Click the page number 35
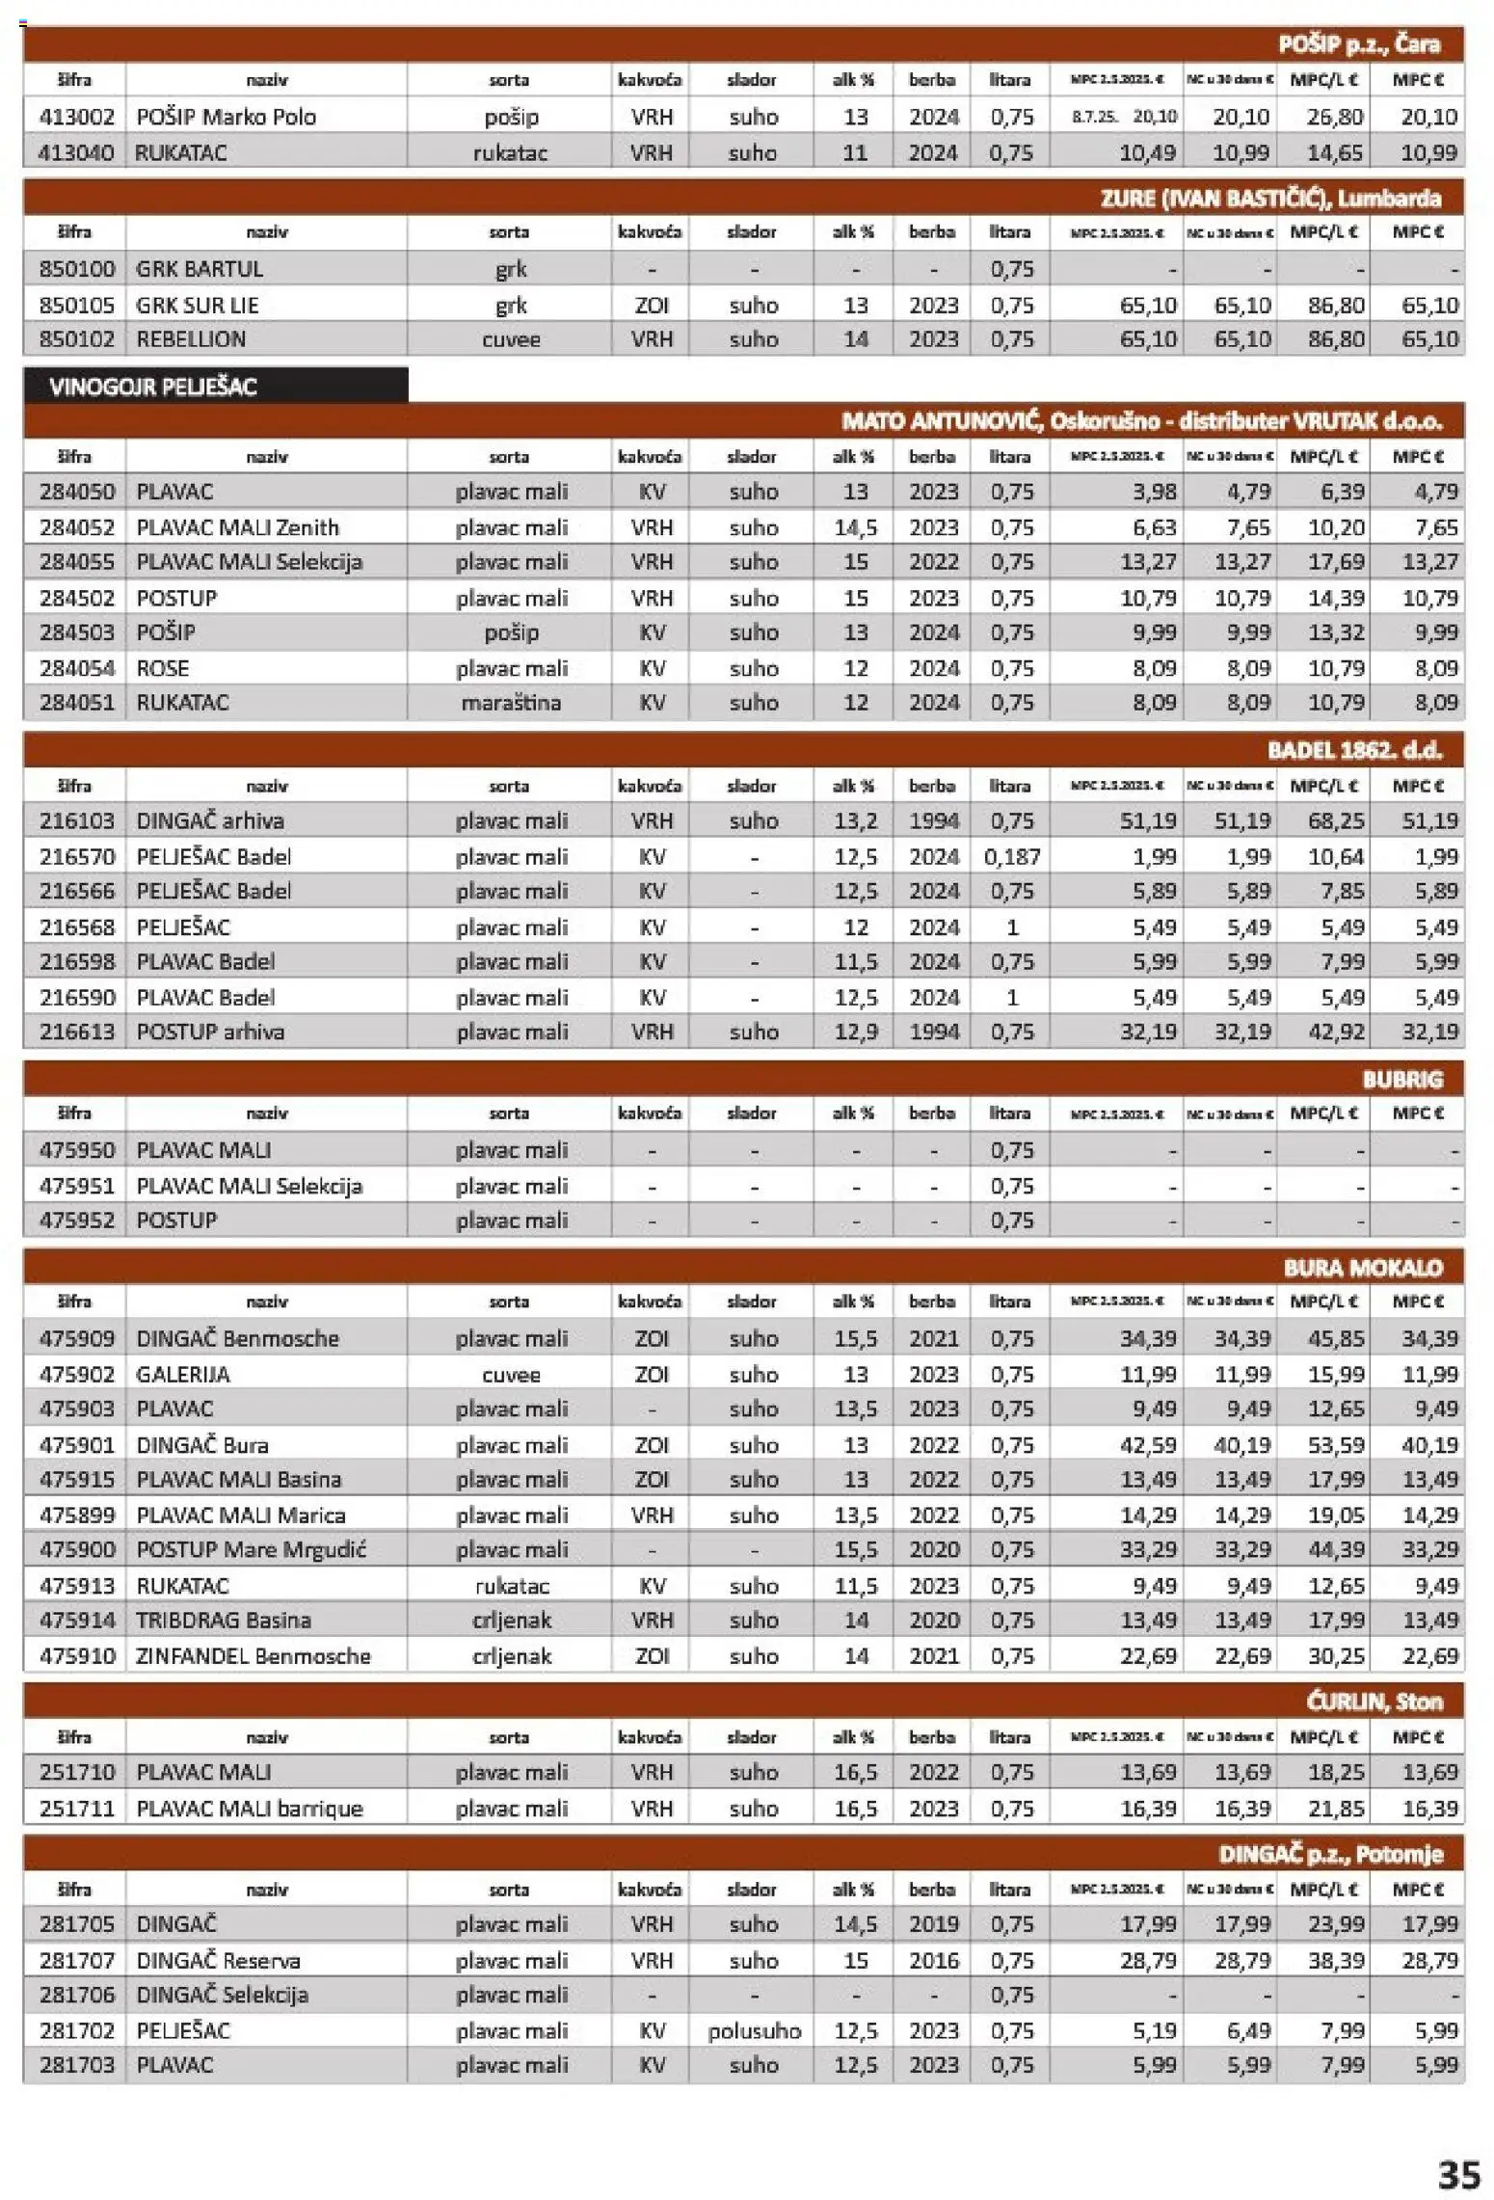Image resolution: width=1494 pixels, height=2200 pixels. (1457, 2175)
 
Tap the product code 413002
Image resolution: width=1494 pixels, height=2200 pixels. (76, 117)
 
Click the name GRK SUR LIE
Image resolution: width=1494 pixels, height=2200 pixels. (198, 305)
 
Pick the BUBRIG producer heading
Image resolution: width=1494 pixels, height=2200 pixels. (1401, 1080)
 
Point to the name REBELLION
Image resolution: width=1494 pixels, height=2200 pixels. (191, 339)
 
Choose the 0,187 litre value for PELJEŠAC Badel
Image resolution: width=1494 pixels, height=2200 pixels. (1011, 856)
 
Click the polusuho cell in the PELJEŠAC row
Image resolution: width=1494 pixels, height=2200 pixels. (754, 2030)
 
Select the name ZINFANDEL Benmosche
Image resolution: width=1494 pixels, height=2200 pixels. (253, 1655)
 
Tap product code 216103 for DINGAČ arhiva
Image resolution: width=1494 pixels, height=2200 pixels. (76, 820)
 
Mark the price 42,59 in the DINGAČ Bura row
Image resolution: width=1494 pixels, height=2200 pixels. (1148, 1444)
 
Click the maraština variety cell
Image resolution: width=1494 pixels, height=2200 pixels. (511, 703)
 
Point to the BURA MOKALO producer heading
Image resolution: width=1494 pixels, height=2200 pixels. (1362, 1268)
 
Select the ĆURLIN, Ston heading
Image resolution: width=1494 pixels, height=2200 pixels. (1374, 1702)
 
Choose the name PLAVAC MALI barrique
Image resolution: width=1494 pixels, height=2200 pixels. (250, 1808)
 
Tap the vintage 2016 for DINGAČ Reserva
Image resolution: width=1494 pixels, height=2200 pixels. (933, 1960)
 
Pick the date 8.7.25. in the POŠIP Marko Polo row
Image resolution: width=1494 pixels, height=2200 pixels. (1094, 117)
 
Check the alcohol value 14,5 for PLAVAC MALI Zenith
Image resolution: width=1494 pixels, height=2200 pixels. (855, 527)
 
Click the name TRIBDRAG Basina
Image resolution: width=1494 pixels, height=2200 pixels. (224, 1620)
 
